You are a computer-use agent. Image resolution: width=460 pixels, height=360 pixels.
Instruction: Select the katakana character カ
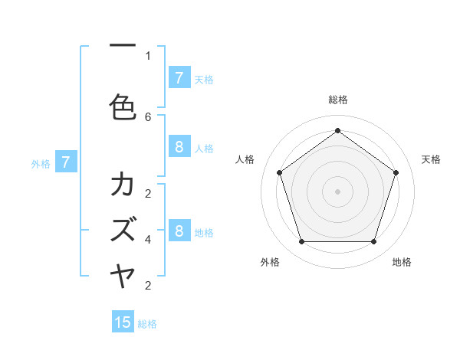tap(123, 184)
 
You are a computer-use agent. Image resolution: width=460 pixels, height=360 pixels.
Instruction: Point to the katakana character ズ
tap(123, 229)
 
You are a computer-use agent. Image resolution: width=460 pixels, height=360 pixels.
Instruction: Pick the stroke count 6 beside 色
tap(148, 116)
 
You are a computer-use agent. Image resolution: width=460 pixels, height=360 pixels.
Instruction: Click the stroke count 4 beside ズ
tap(148, 240)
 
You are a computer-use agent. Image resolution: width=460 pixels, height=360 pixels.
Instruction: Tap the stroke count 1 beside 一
tap(148, 55)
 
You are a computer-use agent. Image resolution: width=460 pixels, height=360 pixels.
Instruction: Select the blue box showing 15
tap(123, 322)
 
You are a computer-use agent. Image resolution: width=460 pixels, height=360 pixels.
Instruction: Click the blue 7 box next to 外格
tap(66, 162)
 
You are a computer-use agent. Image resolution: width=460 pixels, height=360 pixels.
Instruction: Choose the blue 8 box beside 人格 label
tap(179, 147)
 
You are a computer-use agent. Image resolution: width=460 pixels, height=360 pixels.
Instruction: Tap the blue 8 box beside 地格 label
tap(179, 231)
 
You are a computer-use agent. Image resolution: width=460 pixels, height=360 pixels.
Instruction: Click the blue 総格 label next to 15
tap(147, 324)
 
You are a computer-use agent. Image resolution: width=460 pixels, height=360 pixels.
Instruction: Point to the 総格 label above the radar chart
tap(337, 100)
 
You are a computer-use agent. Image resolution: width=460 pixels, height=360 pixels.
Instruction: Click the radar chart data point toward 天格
tap(396, 172)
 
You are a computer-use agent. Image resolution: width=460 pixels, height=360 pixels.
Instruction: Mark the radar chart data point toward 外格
tap(301, 242)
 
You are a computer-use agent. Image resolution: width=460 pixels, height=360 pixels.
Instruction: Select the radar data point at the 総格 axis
tap(337, 130)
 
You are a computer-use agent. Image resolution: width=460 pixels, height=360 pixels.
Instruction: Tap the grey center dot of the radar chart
tap(337, 191)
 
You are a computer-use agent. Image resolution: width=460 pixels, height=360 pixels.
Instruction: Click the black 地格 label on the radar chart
tap(402, 262)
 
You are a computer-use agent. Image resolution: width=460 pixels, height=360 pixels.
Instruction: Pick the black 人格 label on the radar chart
tap(245, 159)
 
